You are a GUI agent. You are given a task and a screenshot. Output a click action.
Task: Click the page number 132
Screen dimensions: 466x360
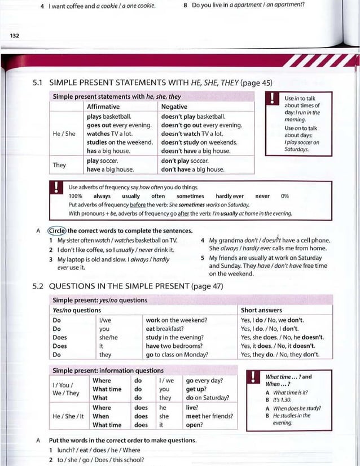tap(14, 36)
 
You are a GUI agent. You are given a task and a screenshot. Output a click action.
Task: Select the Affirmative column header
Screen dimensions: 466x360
tap(103, 107)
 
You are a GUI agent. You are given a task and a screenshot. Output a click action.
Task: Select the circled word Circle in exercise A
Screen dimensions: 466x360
tap(58, 230)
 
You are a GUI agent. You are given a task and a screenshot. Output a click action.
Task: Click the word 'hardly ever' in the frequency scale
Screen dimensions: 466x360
tap(230, 196)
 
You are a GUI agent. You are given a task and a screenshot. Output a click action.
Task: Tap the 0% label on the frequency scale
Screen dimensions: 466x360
tap(284, 196)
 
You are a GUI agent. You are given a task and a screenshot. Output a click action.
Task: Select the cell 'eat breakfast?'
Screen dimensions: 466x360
tap(165, 329)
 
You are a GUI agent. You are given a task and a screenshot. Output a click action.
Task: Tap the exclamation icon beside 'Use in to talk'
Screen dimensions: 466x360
tap(273, 99)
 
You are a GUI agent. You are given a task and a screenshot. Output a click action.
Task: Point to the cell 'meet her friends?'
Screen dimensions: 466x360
tap(209, 416)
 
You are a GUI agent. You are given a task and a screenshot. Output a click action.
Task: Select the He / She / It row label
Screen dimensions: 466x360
tap(68, 416)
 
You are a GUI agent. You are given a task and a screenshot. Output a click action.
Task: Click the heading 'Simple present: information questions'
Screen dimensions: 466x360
tap(108, 371)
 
